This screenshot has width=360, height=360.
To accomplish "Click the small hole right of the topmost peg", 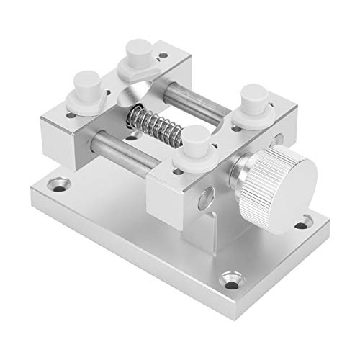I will (166, 55).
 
